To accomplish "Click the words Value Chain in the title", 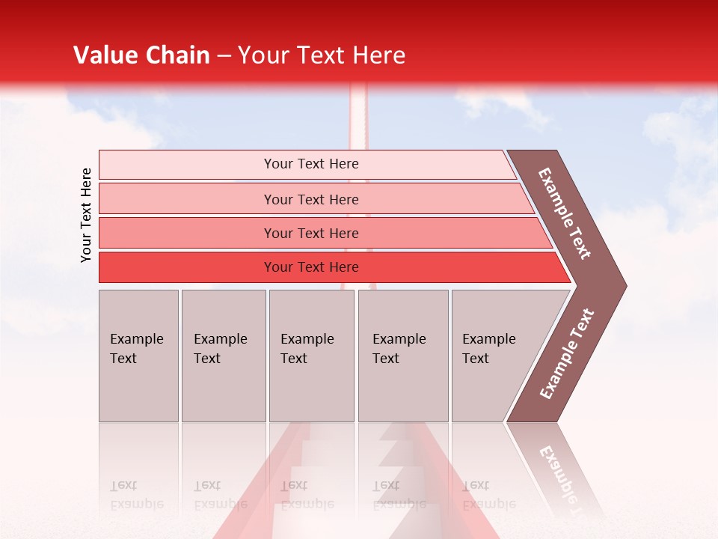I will pos(142,55).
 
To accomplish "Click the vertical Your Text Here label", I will pos(86,215).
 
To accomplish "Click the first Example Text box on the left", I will pos(138,356).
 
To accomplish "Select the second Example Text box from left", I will pos(224,356).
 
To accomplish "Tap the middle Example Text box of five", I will pos(311,356).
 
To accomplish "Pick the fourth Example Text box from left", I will pos(403,356).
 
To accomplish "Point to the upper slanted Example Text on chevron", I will pos(565,214).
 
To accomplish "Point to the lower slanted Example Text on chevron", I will pos(567,353).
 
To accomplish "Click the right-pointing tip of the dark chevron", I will pos(622,285).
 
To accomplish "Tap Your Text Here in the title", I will pos(322,55).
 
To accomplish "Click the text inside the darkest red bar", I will pos(311,267).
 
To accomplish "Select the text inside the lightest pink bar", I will pos(311,164).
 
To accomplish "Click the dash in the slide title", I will pos(224,55).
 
